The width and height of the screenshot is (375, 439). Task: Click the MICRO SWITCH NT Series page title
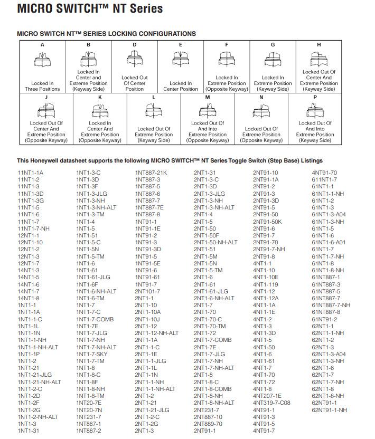[90, 9]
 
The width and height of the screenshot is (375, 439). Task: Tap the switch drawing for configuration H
[318, 58]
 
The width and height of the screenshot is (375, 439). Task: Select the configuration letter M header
[208, 97]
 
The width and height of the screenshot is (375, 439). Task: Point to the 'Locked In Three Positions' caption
[43, 86]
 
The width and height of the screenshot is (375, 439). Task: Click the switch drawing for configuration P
[315, 110]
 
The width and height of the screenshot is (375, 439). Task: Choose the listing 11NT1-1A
[30, 173]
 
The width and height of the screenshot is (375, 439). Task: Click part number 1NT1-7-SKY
[92, 354]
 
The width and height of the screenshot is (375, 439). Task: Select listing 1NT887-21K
[151, 173]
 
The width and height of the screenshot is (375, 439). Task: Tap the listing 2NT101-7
[147, 291]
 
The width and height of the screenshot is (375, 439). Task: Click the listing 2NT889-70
[208, 424]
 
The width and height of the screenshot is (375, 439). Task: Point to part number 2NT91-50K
[267, 222]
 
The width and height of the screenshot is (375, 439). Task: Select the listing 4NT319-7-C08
[271, 403]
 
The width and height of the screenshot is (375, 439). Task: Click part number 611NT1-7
[324, 179]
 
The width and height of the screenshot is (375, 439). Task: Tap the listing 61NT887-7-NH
[331, 305]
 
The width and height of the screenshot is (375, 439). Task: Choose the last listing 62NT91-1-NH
[330, 410]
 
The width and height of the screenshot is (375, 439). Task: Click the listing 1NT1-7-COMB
[95, 319]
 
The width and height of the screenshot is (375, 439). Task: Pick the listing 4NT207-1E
[267, 396]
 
